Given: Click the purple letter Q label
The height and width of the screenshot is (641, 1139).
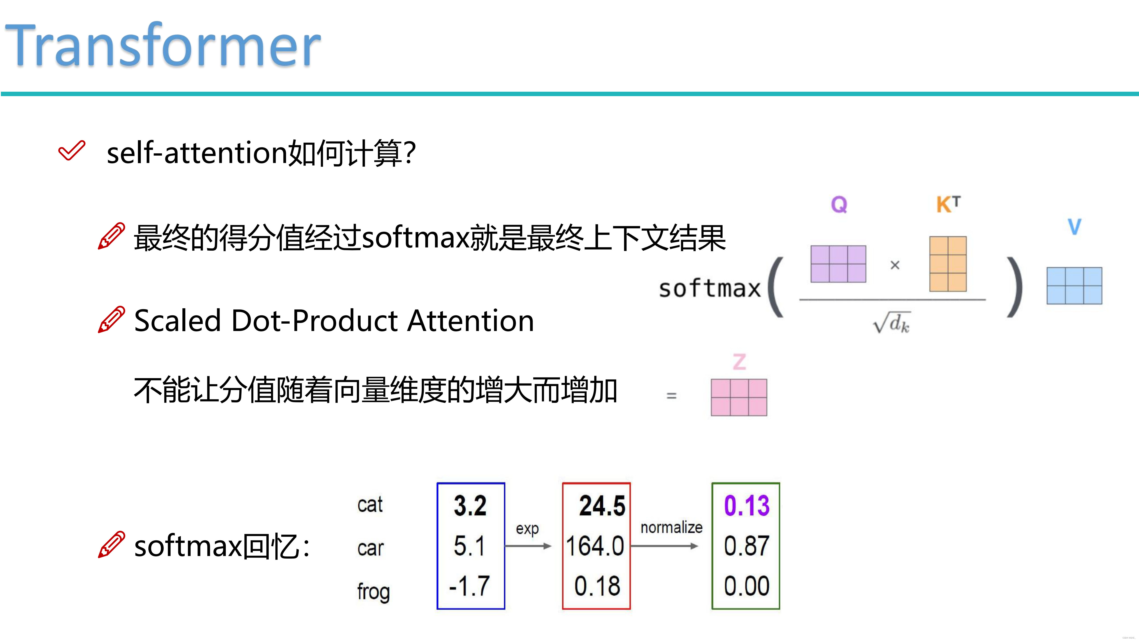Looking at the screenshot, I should (839, 204).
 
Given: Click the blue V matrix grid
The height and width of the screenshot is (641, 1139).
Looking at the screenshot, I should (1074, 285).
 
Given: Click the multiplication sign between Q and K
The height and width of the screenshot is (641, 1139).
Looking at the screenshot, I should (895, 266).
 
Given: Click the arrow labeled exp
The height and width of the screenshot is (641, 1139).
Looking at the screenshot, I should (528, 546).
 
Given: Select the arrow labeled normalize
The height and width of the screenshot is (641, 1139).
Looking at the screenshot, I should (664, 546).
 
